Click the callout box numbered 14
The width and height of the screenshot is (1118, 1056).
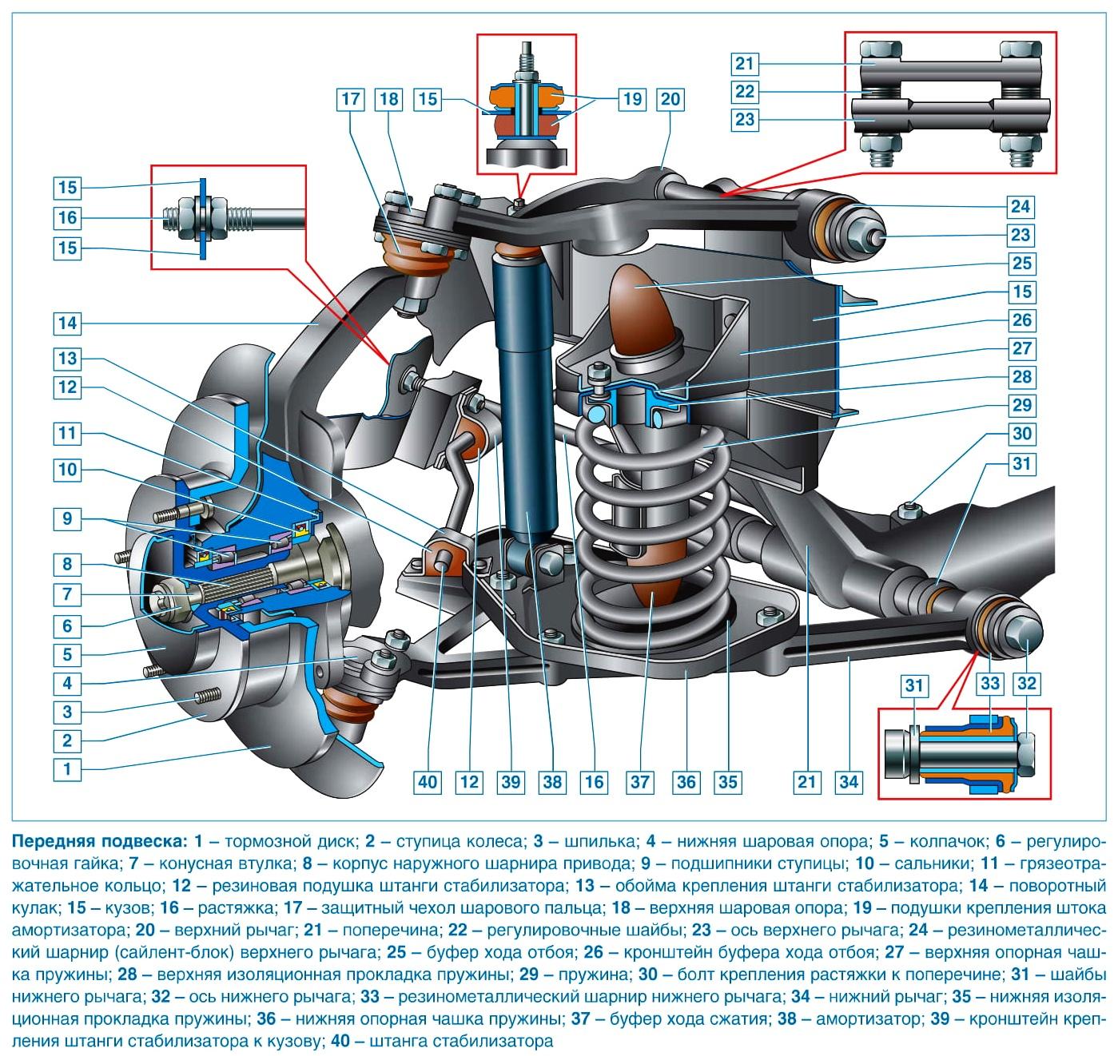click(68, 324)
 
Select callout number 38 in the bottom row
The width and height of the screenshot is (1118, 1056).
click(551, 782)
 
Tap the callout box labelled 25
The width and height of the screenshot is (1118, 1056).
click(1021, 263)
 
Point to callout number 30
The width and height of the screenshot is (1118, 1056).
click(1021, 434)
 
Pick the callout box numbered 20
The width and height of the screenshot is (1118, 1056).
click(670, 99)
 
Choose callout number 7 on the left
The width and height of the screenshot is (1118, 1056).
click(68, 594)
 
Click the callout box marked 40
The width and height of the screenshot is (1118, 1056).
click(428, 782)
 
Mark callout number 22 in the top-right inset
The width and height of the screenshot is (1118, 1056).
click(745, 91)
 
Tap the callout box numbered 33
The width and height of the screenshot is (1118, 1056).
click(989, 684)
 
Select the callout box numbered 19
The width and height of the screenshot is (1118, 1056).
click(632, 99)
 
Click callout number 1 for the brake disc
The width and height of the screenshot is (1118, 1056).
click(68, 769)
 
